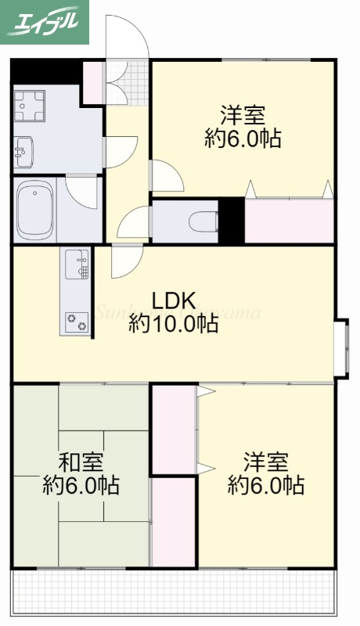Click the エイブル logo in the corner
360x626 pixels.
click(45, 21)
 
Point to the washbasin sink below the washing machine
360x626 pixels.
click(23, 150)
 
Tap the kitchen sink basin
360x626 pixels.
click(77, 264)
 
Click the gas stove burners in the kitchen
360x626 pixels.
click(77, 318)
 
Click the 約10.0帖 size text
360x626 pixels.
click(173, 323)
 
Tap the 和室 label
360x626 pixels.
click(81, 462)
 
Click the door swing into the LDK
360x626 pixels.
click(125, 260)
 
